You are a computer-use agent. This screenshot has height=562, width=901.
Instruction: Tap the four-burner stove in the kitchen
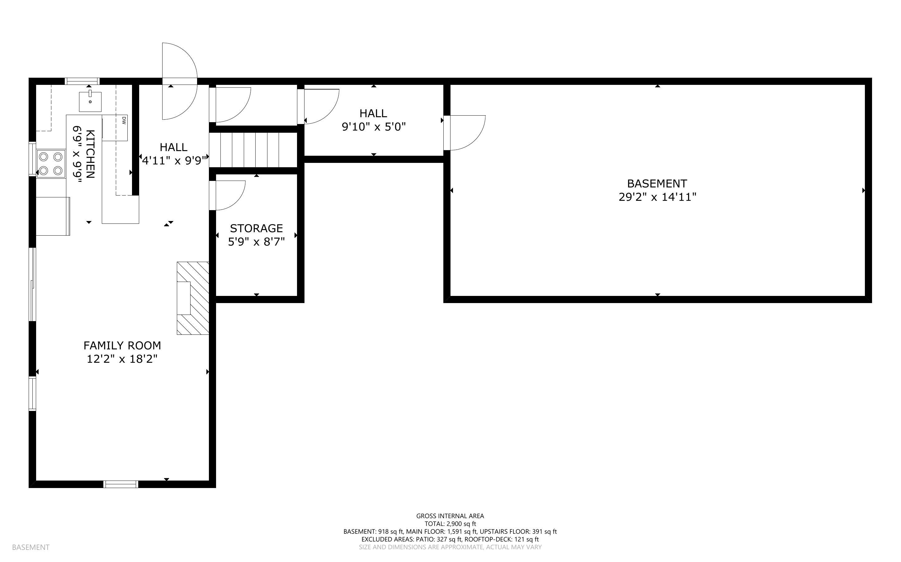coord(51,164)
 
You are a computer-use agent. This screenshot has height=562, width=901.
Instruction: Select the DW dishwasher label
coord(124,120)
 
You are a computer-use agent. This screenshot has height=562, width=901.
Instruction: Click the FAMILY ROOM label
coord(122,346)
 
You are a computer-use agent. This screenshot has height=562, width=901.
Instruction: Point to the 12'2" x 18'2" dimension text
coord(122,359)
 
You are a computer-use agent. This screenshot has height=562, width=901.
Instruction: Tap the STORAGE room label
coord(257,228)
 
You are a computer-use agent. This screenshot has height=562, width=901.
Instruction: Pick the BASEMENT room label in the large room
coord(657,184)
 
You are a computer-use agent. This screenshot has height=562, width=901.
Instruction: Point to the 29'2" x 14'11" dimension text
coord(657,197)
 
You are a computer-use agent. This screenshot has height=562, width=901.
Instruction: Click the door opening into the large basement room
coord(465,133)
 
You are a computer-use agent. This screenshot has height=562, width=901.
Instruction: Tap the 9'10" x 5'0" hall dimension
coord(374,127)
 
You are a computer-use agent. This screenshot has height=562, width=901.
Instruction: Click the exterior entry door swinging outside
coord(179,81)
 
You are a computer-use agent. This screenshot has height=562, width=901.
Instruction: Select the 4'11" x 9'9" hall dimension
coord(174,161)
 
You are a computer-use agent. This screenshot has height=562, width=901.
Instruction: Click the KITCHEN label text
coord(90,154)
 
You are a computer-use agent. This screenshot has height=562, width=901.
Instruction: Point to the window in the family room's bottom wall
coord(120,484)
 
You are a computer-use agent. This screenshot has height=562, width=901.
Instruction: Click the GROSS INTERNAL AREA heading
coord(450,516)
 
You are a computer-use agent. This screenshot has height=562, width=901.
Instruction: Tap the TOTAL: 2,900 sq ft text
coord(450,524)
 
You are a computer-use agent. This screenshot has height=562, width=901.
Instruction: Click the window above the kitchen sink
coord(82,81)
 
